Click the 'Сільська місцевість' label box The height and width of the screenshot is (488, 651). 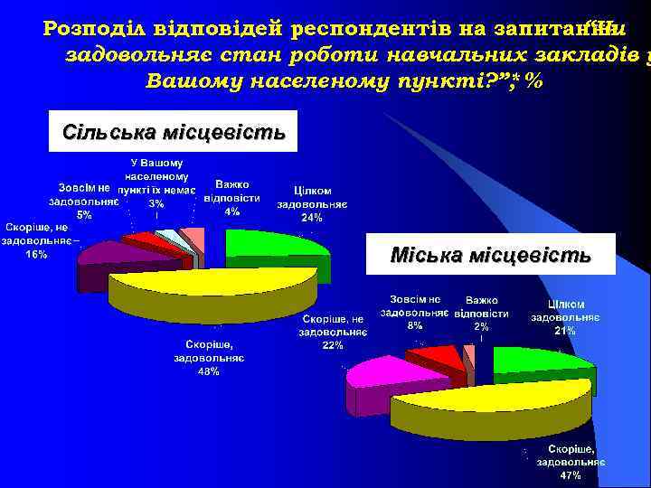175,133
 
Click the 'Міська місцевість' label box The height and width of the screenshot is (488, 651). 490,255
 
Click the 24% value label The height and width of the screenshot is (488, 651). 312,218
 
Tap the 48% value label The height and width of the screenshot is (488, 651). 208,372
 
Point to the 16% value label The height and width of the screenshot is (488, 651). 37,255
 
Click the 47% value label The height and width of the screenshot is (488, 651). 570,475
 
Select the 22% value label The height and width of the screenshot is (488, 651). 332,346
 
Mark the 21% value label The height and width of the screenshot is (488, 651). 565,332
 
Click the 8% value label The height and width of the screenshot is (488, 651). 415,325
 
